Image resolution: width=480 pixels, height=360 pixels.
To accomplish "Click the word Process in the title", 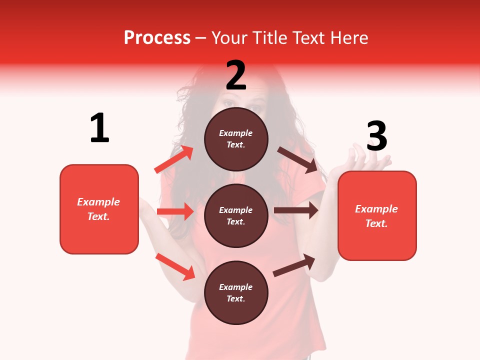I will click(x=157, y=37).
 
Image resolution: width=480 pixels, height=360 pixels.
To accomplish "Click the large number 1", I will click(x=99, y=128).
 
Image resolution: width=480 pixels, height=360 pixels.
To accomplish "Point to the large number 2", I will click(x=236, y=75).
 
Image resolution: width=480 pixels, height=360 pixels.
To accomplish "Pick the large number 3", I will click(x=376, y=136).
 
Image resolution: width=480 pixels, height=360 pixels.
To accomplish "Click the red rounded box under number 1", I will click(x=99, y=209).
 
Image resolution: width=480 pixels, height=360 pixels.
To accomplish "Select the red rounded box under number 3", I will click(x=377, y=215).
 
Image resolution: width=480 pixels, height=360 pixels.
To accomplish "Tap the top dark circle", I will click(x=236, y=139).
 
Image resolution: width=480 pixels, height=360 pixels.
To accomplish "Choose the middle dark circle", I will click(x=236, y=215).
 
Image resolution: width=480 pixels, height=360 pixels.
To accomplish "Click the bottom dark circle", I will click(x=236, y=292).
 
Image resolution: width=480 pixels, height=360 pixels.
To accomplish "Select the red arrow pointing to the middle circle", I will click(x=175, y=211).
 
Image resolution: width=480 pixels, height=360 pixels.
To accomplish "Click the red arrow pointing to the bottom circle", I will click(x=175, y=266).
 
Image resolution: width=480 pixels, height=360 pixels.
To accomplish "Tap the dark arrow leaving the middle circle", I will click(x=296, y=210).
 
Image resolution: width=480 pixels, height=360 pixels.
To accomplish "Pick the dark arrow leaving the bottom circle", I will click(x=294, y=265).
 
